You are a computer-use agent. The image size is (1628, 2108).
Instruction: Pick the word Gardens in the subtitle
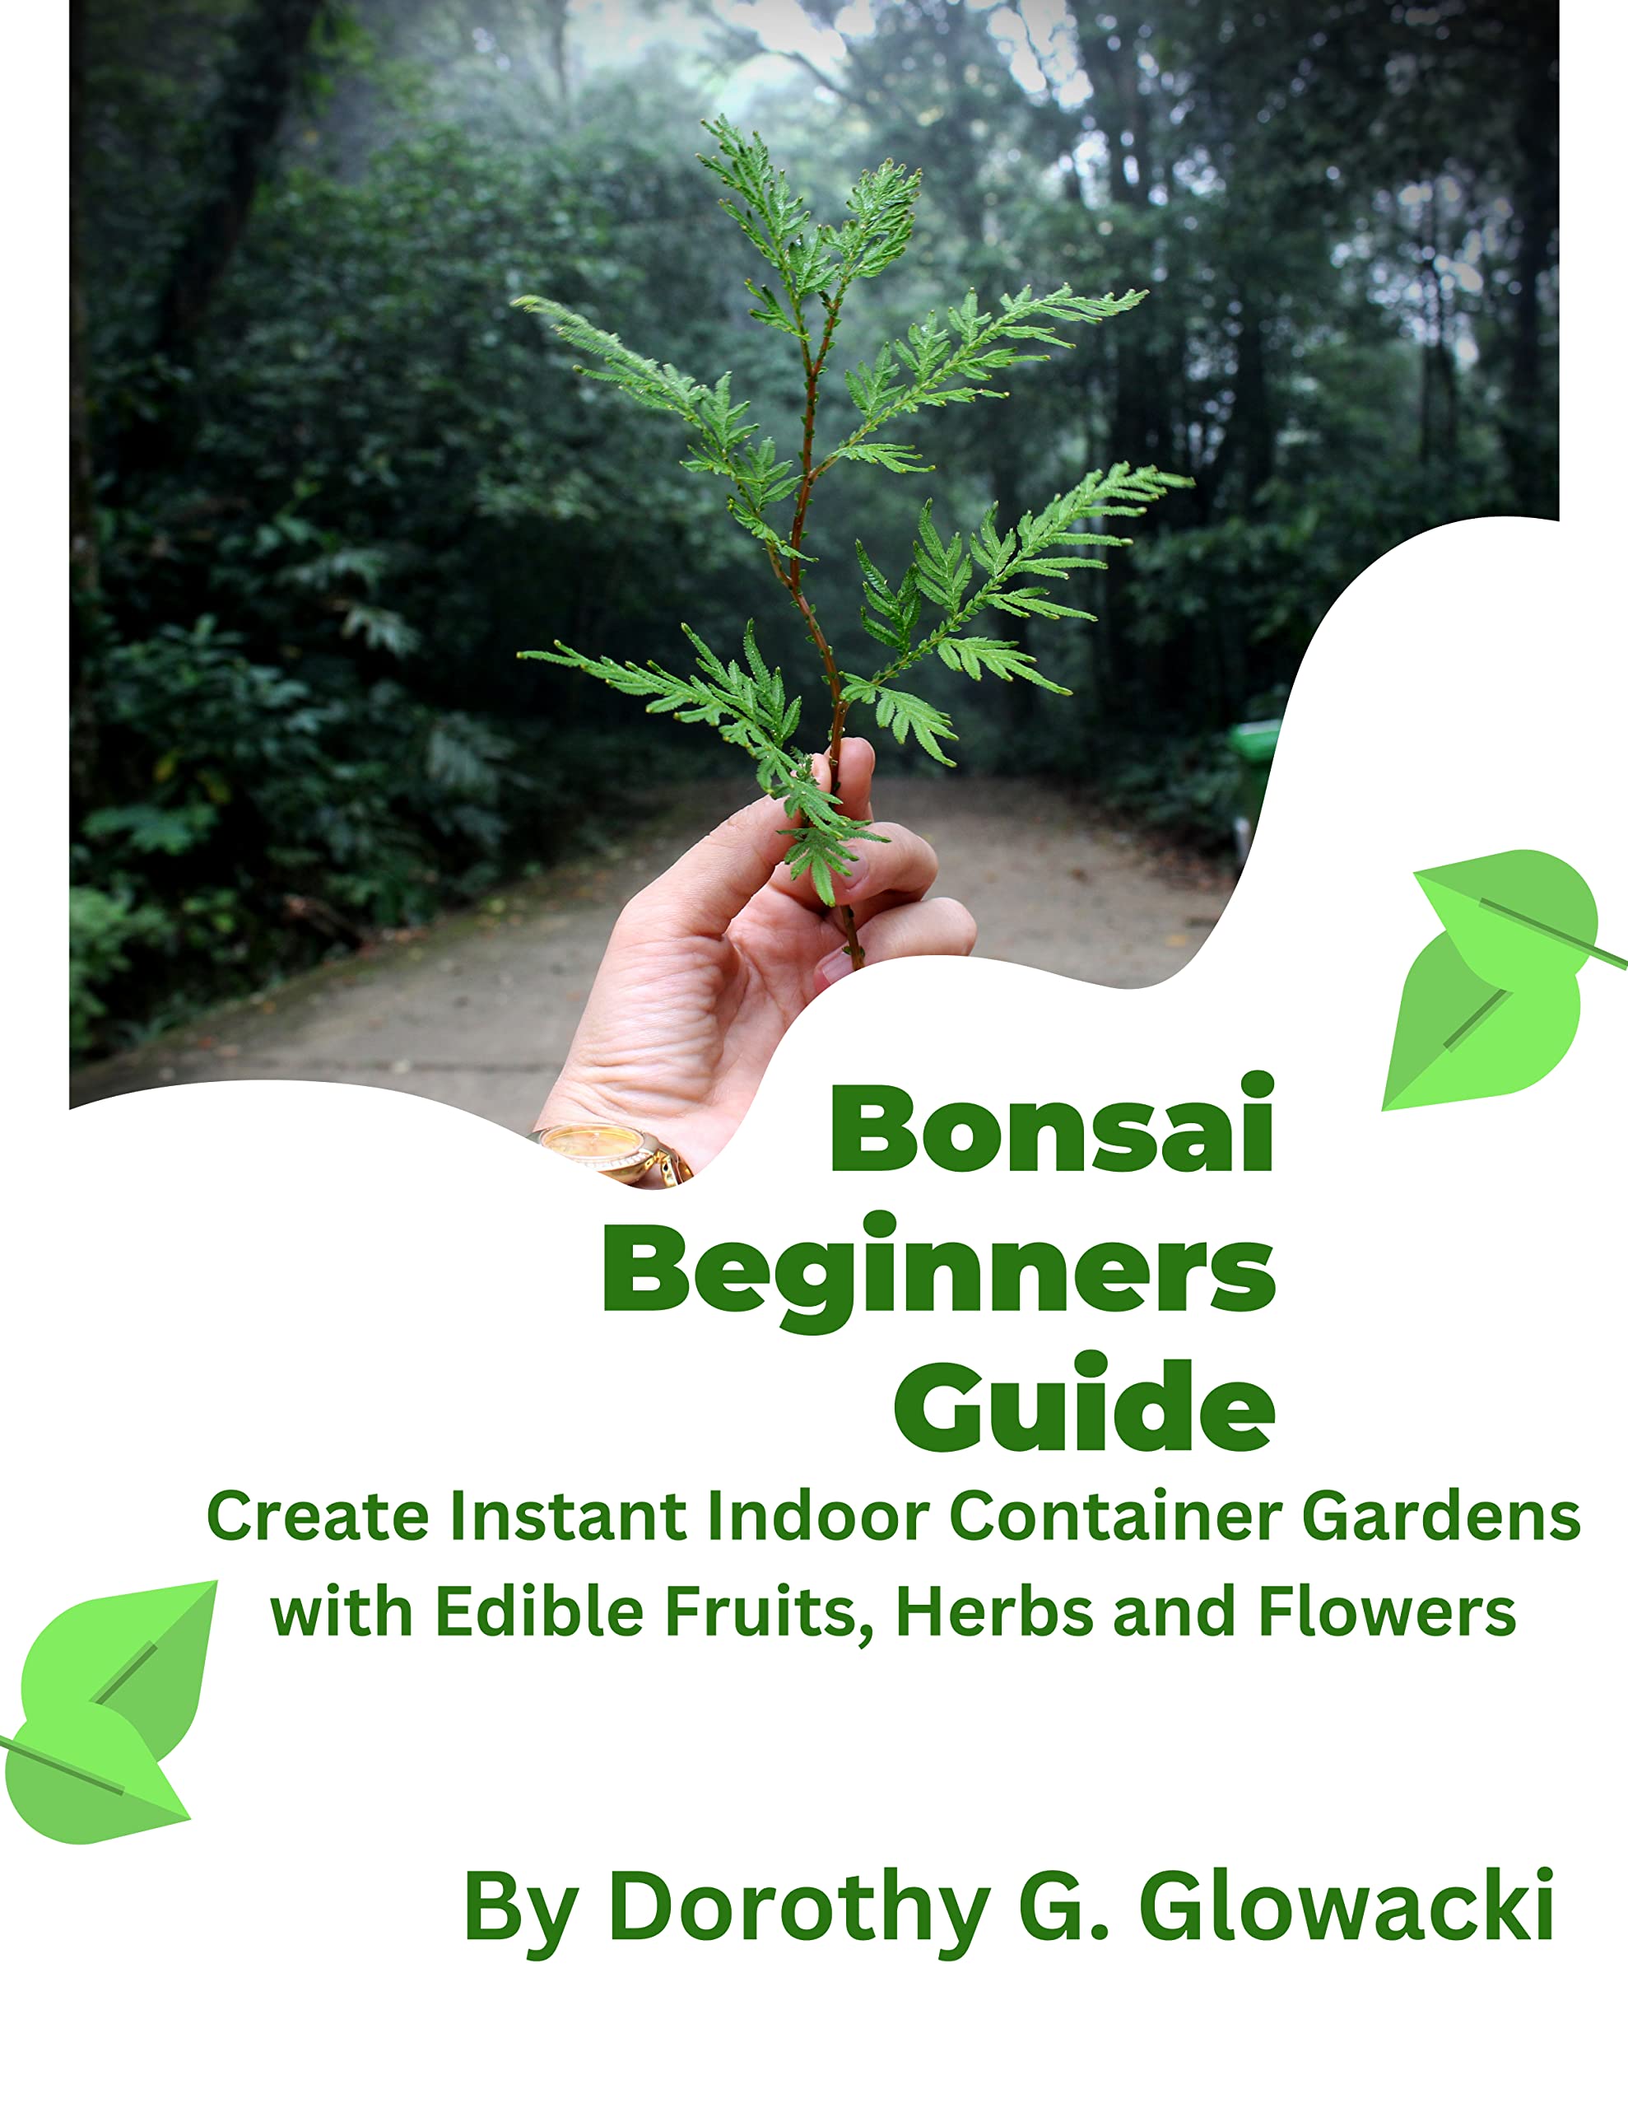point(1441,1518)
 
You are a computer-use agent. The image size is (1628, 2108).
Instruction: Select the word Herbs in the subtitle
point(994,1612)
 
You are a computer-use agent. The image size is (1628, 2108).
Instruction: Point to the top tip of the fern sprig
point(709,123)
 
